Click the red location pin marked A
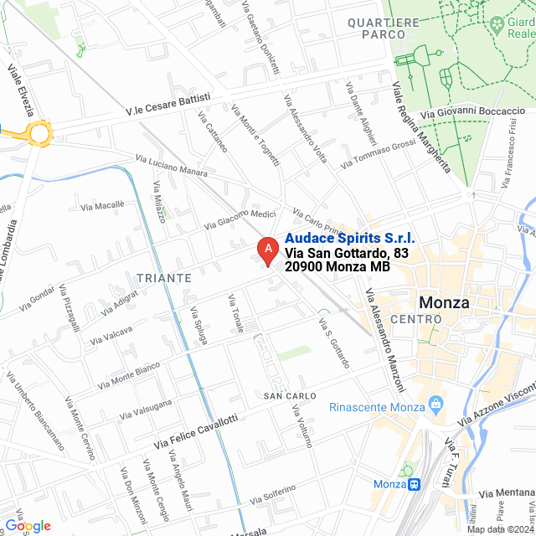[x=266, y=250]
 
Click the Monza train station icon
[x=413, y=485]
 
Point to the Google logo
[x=28, y=525]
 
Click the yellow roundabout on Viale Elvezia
[x=39, y=131]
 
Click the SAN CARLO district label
[x=290, y=394]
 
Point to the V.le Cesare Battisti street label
[x=168, y=104]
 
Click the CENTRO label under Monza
[x=415, y=320]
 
